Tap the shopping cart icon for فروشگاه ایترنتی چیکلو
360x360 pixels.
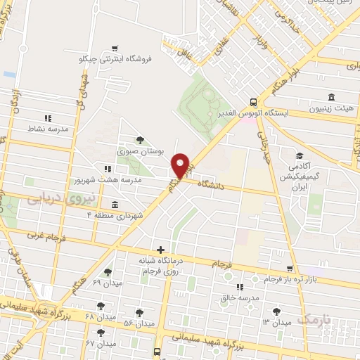pyautogui.click(x=114, y=48)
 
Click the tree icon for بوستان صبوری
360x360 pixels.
pyautogui.click(x=139, y=139)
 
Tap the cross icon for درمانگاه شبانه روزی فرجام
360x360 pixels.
pyautogui.click(x=162, y=250)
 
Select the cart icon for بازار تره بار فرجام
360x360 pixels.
pyautogui.click(x=290, y=269)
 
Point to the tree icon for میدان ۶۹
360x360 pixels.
pyautogui.click(x=108, y=272)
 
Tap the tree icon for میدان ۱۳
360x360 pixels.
pyautogui.click(x=276, y=311)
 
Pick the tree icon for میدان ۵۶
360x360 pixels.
pyautogui.click(x=139, y=311)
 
